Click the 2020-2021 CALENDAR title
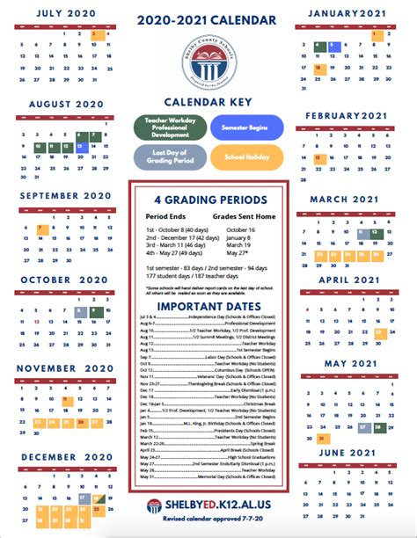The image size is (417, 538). [208, 19]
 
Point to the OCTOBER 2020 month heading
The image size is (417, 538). [66, 280]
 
